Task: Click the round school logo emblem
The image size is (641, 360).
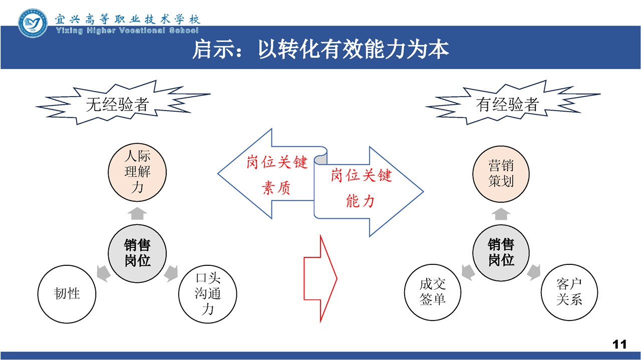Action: (33, 23)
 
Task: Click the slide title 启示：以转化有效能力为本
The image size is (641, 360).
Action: (320, 50)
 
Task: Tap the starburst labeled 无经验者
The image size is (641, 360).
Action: (123, 103)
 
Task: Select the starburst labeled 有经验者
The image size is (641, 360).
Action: (513, 103)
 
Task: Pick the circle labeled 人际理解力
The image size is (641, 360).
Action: (137, 172)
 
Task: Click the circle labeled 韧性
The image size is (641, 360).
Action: (67, 294)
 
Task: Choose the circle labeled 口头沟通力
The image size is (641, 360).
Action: (208, 294)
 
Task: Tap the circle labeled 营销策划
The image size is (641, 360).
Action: (501, 174)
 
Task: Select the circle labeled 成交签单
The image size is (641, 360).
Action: (433, 292)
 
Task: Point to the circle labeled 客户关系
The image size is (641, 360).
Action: (569, 292)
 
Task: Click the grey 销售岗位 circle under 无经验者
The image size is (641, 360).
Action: (137, 253)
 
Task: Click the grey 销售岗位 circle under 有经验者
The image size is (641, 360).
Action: (501, 253)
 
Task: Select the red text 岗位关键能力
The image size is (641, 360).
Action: (361, 188)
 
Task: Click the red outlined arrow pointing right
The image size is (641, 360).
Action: (320, 279)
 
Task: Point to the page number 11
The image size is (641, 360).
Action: (619, 344)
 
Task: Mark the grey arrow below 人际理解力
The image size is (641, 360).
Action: (137, 213)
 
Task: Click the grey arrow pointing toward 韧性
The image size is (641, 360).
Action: (104, 273)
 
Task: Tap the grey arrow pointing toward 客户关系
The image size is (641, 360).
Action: (533, 272)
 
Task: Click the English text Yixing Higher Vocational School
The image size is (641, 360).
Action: (127, 31)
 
